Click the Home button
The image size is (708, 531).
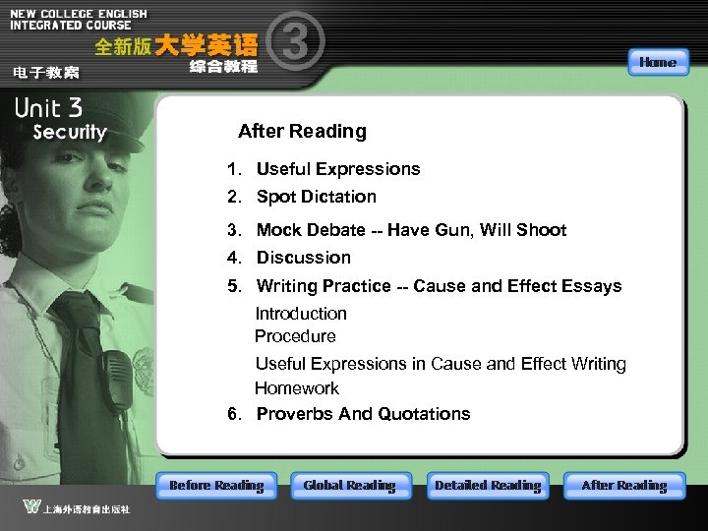(657, 63)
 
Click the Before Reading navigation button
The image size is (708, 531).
(216, 486)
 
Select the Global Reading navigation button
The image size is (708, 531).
(349, 486)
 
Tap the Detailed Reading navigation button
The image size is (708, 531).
(488, 486)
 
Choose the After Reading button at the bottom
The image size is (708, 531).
(623, 486)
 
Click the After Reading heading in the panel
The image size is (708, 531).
(302, 131)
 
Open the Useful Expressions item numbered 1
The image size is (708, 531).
(337, 169)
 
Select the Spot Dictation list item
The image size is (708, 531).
(316, 197)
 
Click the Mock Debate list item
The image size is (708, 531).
(411, 230)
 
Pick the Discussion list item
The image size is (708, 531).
(303, 258)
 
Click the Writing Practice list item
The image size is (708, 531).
(439, 286)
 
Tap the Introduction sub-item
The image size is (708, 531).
(301, 314)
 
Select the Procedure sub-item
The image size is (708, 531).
(295, 336)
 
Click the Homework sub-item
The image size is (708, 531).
(297, 388)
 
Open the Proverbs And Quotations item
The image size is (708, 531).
(363, 414)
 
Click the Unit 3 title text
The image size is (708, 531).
(48, 108)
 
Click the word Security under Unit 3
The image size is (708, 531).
(69, 132)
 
